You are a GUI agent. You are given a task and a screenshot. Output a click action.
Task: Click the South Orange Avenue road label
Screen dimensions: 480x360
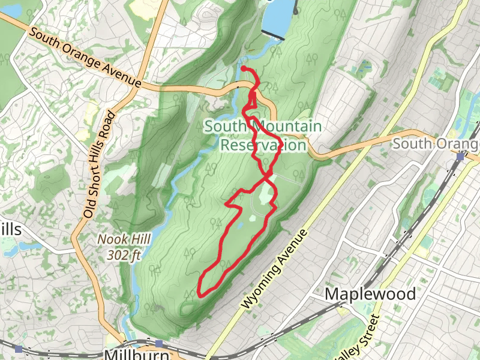coord(85,58)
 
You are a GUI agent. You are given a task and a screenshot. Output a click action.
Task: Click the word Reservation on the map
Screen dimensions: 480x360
coord(263,145)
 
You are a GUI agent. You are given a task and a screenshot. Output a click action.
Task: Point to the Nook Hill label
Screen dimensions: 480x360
coord(119,239)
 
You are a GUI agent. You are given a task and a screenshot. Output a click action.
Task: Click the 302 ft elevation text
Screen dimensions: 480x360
coord(124,254)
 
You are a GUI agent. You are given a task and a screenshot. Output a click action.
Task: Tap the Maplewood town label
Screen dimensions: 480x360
coord(370,294)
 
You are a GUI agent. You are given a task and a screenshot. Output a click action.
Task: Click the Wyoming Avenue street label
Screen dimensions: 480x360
coord(275,269)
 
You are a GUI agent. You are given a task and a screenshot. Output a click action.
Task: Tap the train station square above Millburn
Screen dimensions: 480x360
coord(159,343)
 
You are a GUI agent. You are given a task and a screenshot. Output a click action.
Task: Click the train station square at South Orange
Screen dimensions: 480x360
coord(460,157)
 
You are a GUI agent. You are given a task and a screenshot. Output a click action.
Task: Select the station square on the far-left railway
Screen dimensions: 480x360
coord(19,349)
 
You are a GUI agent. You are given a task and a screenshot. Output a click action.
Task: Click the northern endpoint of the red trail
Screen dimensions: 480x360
coord(243,68)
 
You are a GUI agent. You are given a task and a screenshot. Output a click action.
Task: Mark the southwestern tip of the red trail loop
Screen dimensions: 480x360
coord(200,293)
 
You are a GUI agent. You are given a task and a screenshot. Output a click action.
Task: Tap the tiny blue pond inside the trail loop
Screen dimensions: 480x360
coord(240,226)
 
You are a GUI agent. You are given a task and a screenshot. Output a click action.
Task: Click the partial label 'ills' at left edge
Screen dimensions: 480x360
coord(10,230)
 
